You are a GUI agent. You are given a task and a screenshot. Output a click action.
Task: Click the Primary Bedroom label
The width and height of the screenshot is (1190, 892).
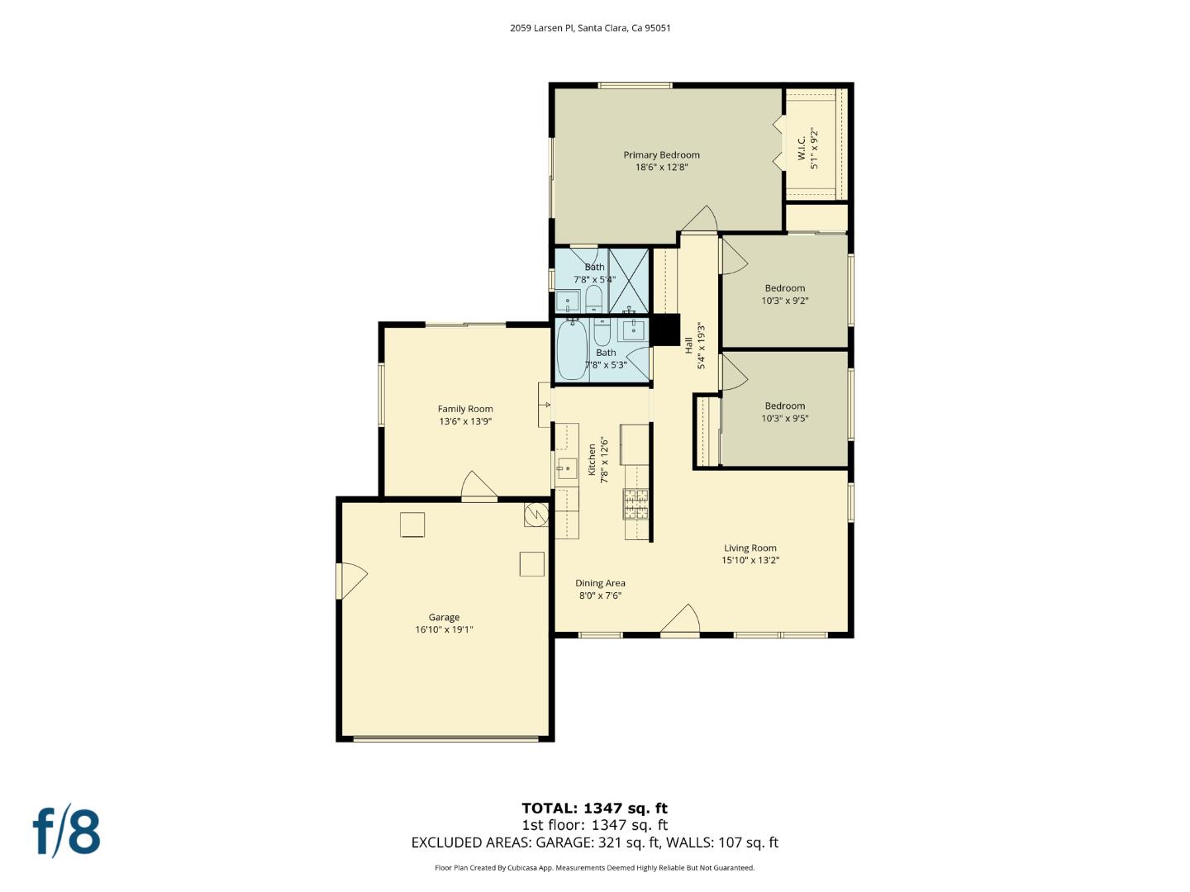click(x=661, y=155)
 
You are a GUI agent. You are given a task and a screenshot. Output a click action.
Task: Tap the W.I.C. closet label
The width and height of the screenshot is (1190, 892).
click(x=802, y=149)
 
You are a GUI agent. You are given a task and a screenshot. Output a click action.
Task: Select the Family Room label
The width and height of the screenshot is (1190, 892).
click(x=465, y=409)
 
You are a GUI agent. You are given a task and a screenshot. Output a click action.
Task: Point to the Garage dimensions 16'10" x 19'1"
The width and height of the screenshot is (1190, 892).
click(x=444, y=630)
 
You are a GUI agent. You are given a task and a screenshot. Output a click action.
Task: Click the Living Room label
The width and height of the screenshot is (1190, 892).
click(x=750, y=548)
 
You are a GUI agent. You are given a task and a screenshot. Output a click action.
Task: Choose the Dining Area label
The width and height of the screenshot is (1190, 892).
click(x=600, y=583)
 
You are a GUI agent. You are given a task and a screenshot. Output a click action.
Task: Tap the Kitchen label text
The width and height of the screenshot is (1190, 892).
click(x=592, y=459)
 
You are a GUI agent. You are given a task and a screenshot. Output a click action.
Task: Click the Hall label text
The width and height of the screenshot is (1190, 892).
click(x=688, y=345)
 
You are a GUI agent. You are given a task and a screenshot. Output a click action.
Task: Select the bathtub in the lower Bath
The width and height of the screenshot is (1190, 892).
click(x=572, y=350)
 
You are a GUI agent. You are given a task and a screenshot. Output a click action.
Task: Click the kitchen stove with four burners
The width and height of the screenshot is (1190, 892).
click(x=635, y=504)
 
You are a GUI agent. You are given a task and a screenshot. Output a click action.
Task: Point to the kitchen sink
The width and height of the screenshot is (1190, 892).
click(x=567, y=468)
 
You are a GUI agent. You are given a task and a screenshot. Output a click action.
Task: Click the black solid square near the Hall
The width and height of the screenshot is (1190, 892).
click(x=664, y=330)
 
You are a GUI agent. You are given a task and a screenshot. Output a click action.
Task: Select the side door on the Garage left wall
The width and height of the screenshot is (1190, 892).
click(x=350, y=581)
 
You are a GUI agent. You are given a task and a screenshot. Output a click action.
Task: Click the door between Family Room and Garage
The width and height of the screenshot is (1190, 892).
click(x=478, y=488)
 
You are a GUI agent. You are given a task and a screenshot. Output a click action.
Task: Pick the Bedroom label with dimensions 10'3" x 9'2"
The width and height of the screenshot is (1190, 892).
click(x=784, y=288)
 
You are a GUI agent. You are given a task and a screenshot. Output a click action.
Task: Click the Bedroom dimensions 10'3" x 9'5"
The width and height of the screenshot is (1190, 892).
click(x=784, y=419)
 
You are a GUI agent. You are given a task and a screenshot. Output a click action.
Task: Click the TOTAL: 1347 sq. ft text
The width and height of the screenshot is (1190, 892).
click(x=594, y=809)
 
